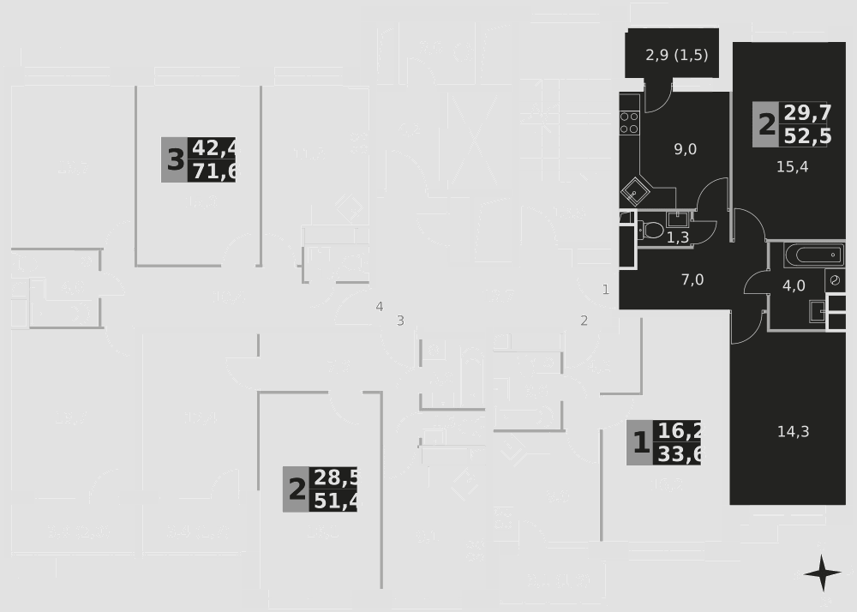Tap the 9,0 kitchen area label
pyautogui.click(x=685, y=149)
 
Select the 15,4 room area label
pyautogui.click(x=792, y=166)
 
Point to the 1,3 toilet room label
pyautogui.click(x=677, y=238)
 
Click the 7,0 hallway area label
pyautogui.click(x=692, y=279)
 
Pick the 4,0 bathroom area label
pyautogui.click(x=794, y=286)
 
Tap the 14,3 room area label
pyautogui.click(x=793, y=431)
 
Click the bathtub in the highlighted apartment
pyautogui.click(x=813, y=255)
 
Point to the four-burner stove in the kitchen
pyautogui.click(x=629, y=120)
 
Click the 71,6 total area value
pyautogui.click(x=215, y=171)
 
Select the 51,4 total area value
pyautogui.click(x=336, y=501)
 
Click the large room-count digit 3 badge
pyautogui.click(x=175, y=159)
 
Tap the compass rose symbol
pyautogui.click(x=822, y=573)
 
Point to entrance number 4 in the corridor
pyautogui.click(x=379, y=306)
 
